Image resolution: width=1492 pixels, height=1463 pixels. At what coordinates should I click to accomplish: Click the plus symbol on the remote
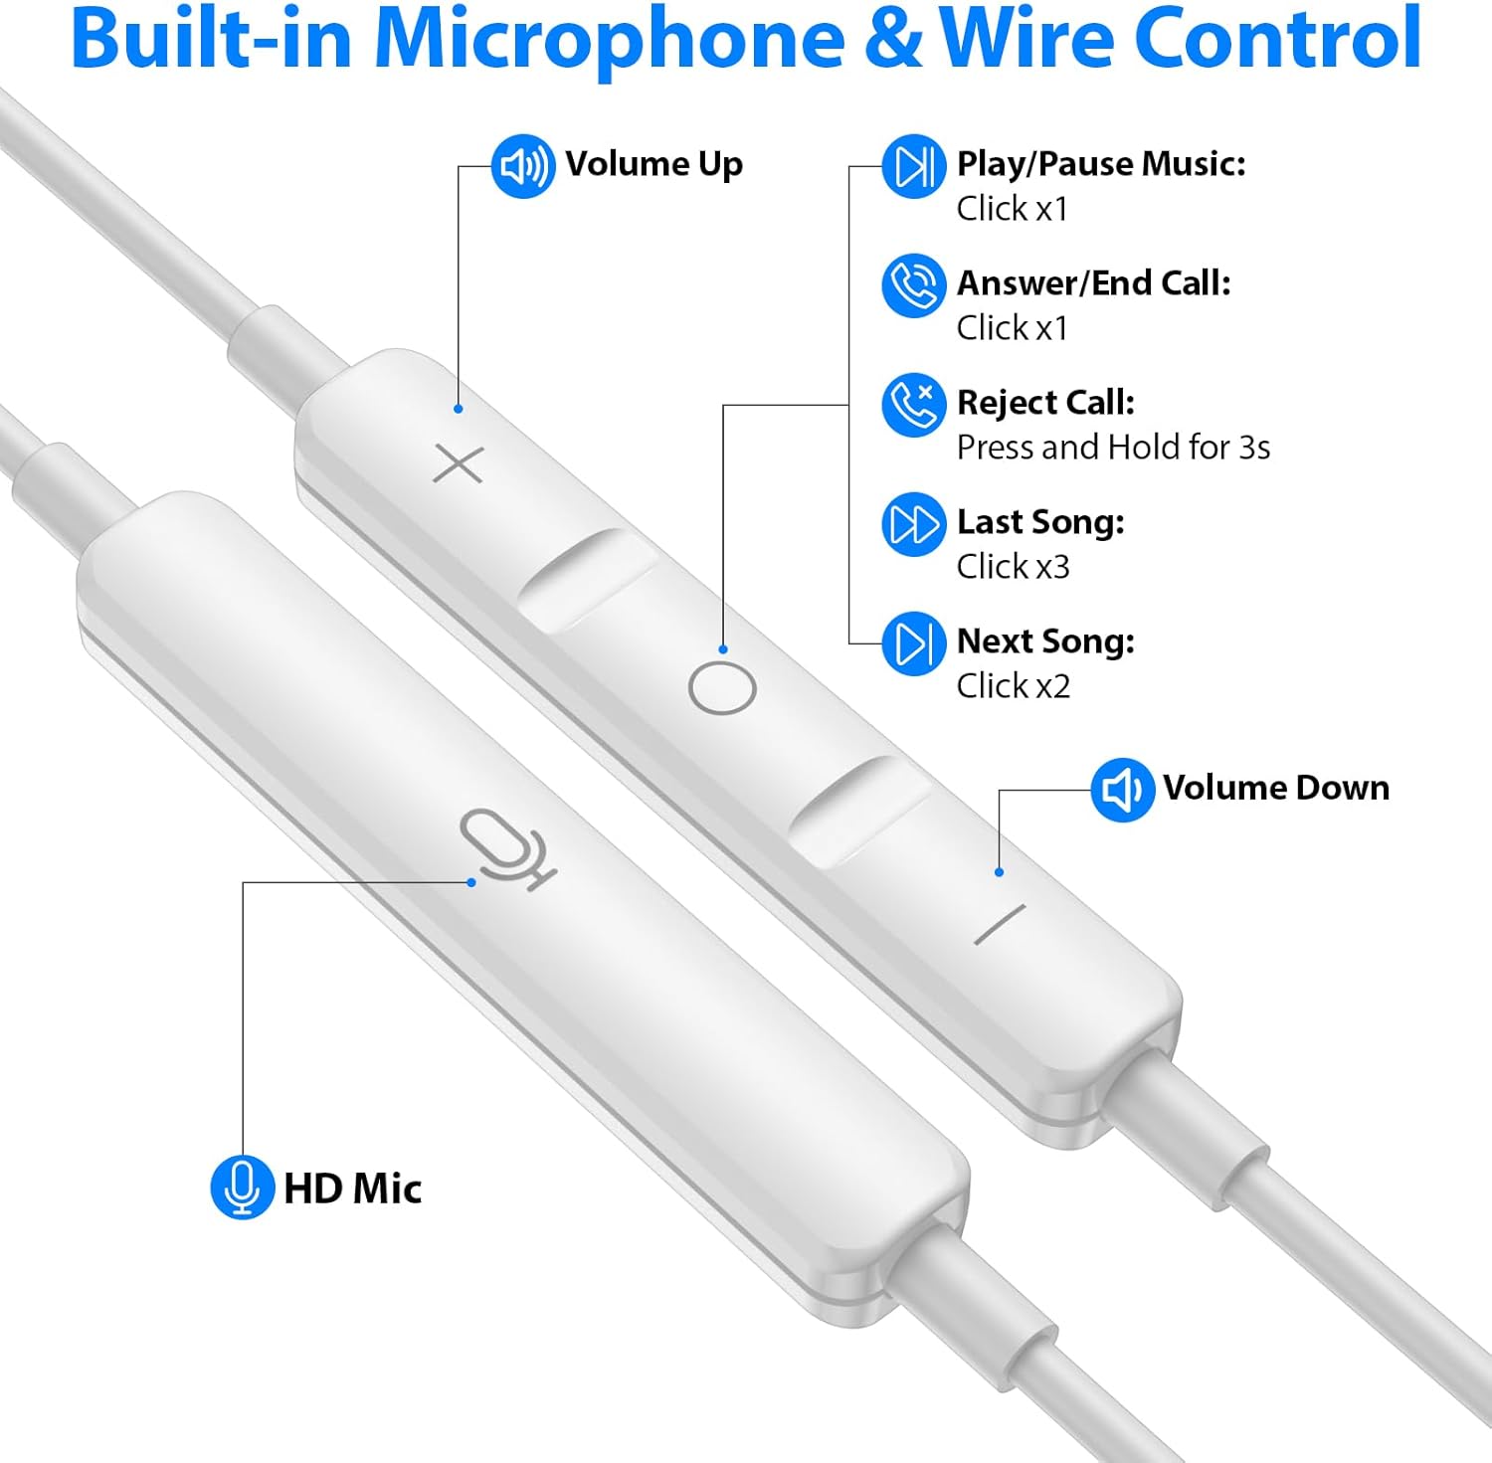pos(459,464)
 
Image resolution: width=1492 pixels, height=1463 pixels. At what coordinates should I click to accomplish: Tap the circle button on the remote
pos(722,688)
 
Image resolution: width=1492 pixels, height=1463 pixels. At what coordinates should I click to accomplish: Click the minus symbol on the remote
pos(1000,925)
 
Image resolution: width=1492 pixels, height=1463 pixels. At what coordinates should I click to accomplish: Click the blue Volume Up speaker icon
pos(523,166)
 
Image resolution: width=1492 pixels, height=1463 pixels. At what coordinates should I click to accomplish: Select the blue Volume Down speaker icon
pos(1122,790)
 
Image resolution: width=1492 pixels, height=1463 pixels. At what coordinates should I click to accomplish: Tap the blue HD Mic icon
pos(242,1187)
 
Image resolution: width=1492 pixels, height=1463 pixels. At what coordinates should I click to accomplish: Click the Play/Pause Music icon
pos(913,166)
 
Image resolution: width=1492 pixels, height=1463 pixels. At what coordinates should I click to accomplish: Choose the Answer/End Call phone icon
pos(913,285)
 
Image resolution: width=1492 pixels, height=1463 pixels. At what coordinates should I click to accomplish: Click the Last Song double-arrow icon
pos(913,524)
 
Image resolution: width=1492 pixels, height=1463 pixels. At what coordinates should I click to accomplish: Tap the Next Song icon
pos(913,643)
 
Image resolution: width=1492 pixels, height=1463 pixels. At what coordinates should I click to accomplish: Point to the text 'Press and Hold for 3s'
pos(1113,448)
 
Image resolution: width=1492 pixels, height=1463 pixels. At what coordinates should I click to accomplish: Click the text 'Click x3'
pos(1013,567)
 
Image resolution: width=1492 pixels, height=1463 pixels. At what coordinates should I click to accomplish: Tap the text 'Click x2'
pos(1013,686)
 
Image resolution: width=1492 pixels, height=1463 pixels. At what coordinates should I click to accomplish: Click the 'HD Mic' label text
pos(352,1189)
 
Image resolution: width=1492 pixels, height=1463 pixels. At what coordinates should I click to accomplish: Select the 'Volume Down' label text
pos(1275,788)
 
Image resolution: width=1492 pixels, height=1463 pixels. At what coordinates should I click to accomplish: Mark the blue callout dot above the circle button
pos(723,649)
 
